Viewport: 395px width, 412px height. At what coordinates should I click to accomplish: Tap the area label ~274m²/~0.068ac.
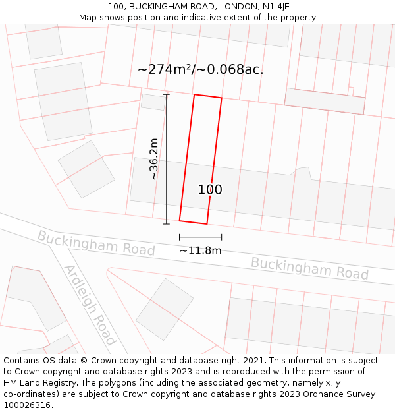(200, 69)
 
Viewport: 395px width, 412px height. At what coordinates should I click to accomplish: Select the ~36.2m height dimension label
(154, 158)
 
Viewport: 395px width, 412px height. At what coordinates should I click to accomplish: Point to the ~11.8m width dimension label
(200, 250)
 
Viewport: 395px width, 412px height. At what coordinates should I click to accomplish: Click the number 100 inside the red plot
(210, 190)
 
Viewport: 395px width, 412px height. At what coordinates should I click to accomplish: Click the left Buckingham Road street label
(96, 243)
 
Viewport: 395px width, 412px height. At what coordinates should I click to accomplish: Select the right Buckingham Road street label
(309, 268)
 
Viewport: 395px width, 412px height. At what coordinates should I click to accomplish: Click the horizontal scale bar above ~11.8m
(200, 237)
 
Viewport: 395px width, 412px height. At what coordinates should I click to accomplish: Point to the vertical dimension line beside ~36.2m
(166, 158)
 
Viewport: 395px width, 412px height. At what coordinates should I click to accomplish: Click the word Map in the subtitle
(88, 18)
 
